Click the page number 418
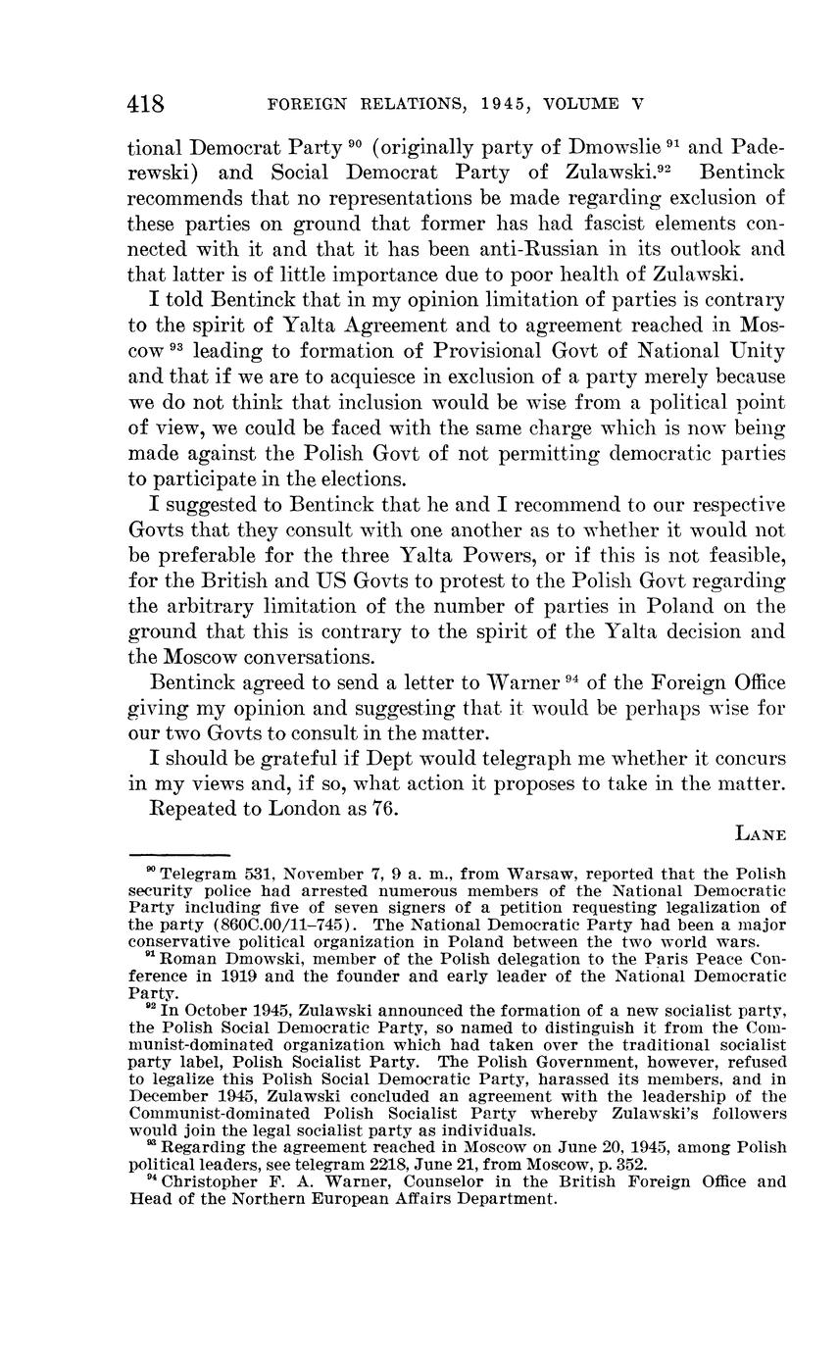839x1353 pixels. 145,104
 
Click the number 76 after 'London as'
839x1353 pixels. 384,809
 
